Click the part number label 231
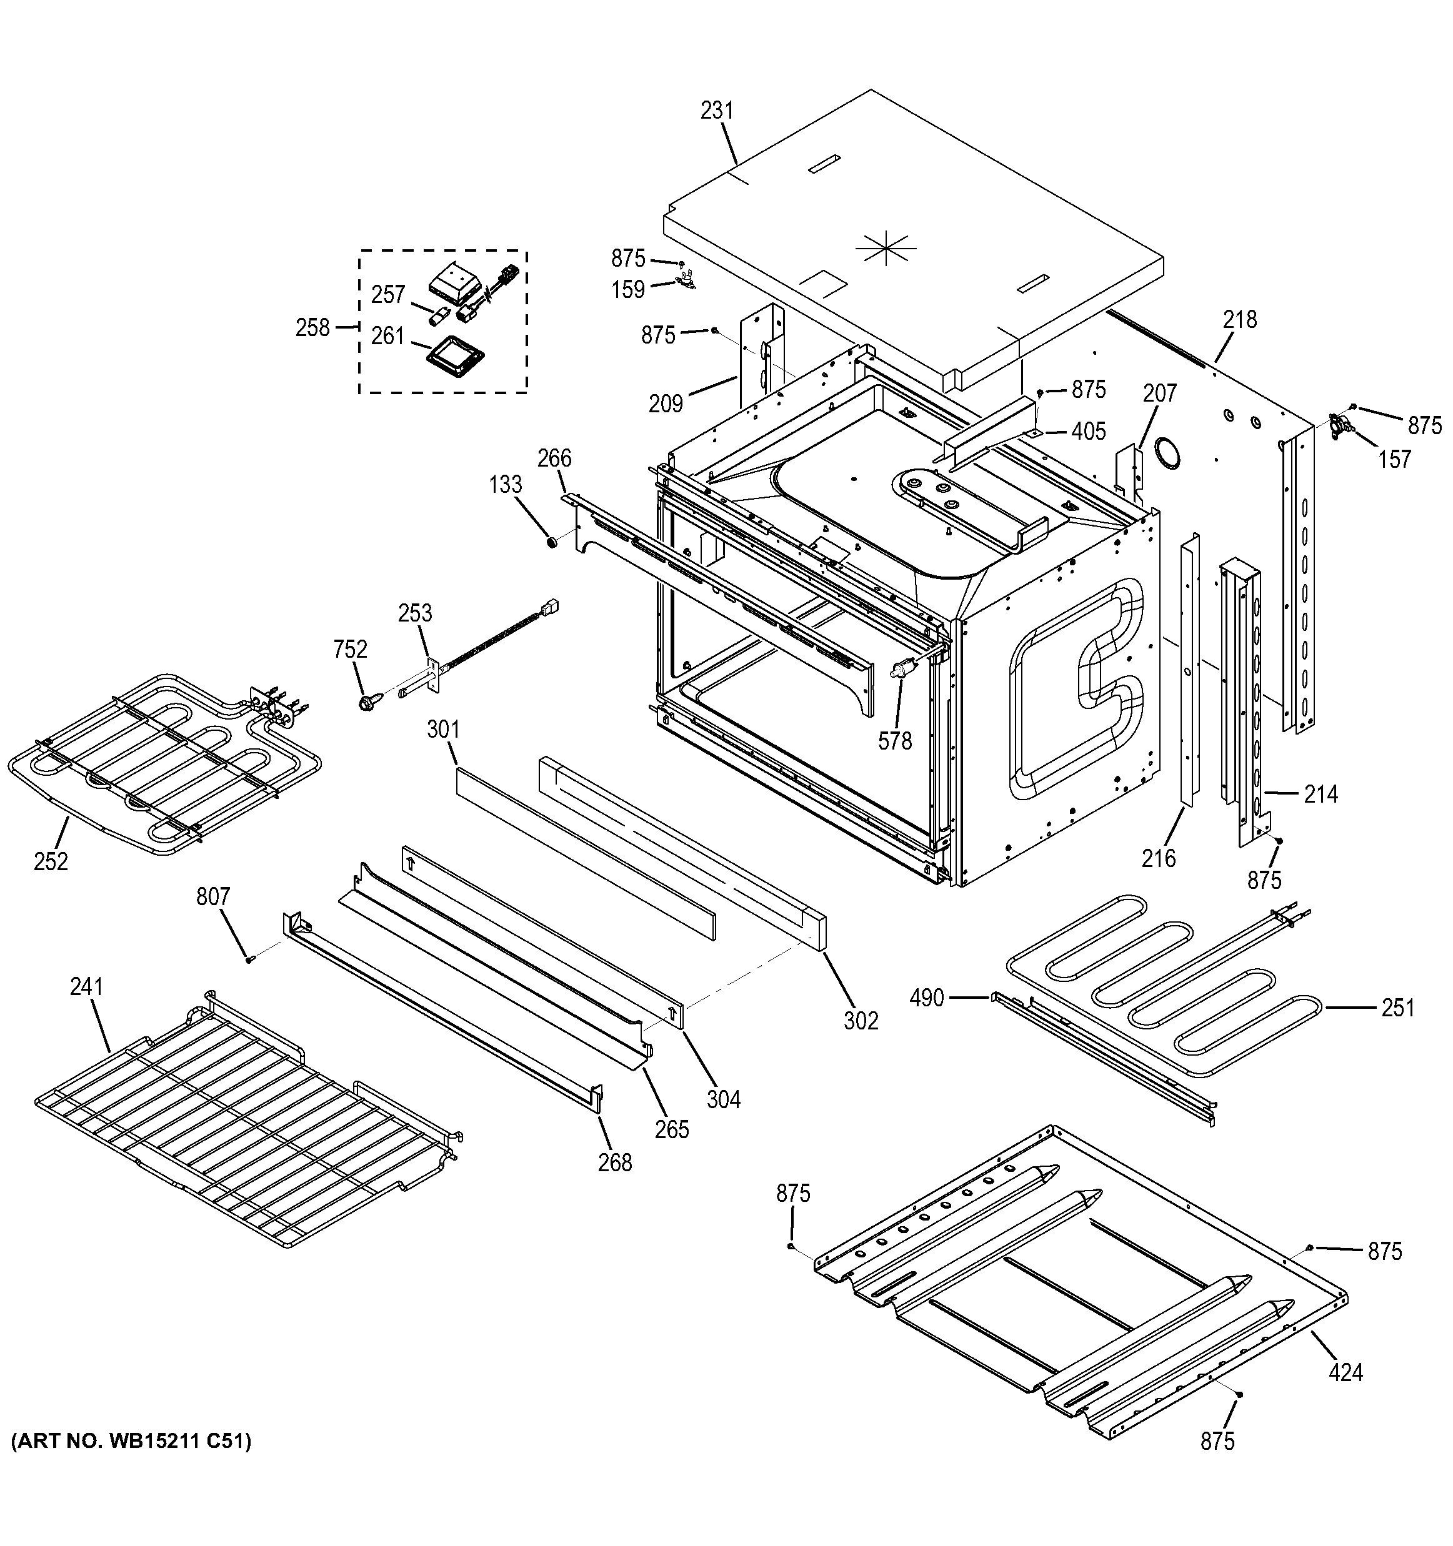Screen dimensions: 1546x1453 (x=716, y=111)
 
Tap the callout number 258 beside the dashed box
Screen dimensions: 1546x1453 (x=312, y=328)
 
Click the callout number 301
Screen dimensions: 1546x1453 (x=442, y=730)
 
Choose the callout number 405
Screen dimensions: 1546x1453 (x=1088, y=432)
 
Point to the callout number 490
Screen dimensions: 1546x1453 (x=926, y=998)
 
